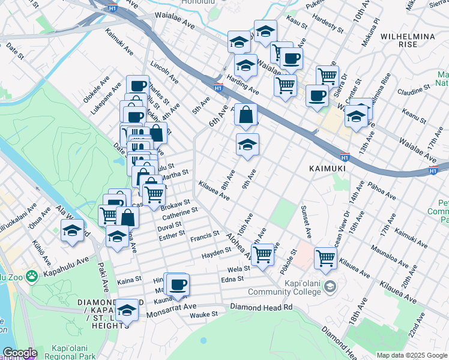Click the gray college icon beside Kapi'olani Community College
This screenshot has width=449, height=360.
click(x=329, y=287)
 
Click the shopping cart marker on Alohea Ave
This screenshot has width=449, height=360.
click(x=263, y=254)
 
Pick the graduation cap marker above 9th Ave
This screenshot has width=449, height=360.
click(x=247, y=144)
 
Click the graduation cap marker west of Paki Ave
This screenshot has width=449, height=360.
click(x=73, y=230)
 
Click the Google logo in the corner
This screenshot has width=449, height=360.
click(x=20, y=353)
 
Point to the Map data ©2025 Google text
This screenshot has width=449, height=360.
click(x=412, y=355)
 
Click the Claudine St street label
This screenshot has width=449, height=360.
click(x=414, y=90)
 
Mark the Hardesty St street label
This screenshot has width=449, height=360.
click(x=327, y=25)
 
